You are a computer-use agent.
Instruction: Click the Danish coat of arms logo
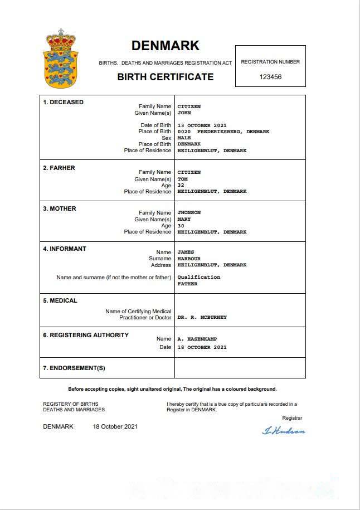[61, 59]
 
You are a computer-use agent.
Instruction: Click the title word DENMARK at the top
[165, 46]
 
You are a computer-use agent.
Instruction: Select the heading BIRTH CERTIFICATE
[165, 77]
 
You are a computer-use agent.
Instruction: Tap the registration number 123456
[270, 77]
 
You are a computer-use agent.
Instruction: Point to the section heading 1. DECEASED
[64, 102]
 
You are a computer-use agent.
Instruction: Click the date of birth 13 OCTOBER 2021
[202, 125]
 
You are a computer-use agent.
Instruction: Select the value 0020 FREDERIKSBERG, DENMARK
[223, 132]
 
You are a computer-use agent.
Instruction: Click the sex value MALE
[184, 138]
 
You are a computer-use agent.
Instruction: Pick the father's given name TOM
[182, 179]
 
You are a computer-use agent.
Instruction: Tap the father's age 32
[181, 185]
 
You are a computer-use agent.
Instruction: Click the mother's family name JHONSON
[189, 212]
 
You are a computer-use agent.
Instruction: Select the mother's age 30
[181, 226]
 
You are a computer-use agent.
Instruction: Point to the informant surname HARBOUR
[189, 259]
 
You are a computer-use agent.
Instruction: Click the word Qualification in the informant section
[198, 277]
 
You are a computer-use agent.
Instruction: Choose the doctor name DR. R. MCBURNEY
[202, 317]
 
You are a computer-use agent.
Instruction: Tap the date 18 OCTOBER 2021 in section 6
[202, 347]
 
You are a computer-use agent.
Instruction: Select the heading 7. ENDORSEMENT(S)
[74, 368]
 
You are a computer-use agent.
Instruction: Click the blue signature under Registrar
[284, 430]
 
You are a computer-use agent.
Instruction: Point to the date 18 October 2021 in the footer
[115, 427]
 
